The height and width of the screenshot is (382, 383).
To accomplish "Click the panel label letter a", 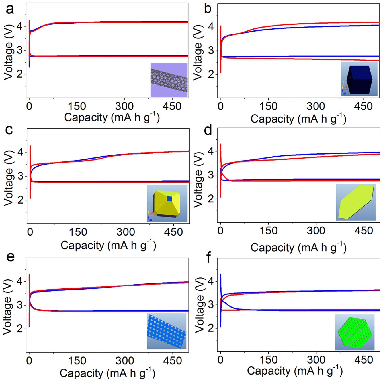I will [x=10, y=9].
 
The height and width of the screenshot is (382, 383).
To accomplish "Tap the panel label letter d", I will [x=208, y=130].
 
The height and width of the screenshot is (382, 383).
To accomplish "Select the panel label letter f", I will [x=208, y=258].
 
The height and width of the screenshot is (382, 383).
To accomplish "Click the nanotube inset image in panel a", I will [x=169, y=80].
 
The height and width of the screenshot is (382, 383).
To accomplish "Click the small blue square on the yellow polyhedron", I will [x=169, y=199].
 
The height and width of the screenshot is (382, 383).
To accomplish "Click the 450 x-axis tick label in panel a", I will [x=172, y=106].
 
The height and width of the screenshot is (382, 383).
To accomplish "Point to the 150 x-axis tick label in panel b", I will [x=268, y=106].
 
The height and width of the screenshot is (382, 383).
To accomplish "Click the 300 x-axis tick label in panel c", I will [x=126, y=232].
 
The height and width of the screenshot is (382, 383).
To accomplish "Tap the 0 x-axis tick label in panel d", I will [x=220, y=231].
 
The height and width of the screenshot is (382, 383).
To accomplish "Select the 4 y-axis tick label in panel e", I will [x=20, y=281].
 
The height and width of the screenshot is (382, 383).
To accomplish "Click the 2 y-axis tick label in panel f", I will [x=211, y=328].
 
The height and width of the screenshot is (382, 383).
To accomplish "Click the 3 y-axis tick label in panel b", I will [x=211, y=51].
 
